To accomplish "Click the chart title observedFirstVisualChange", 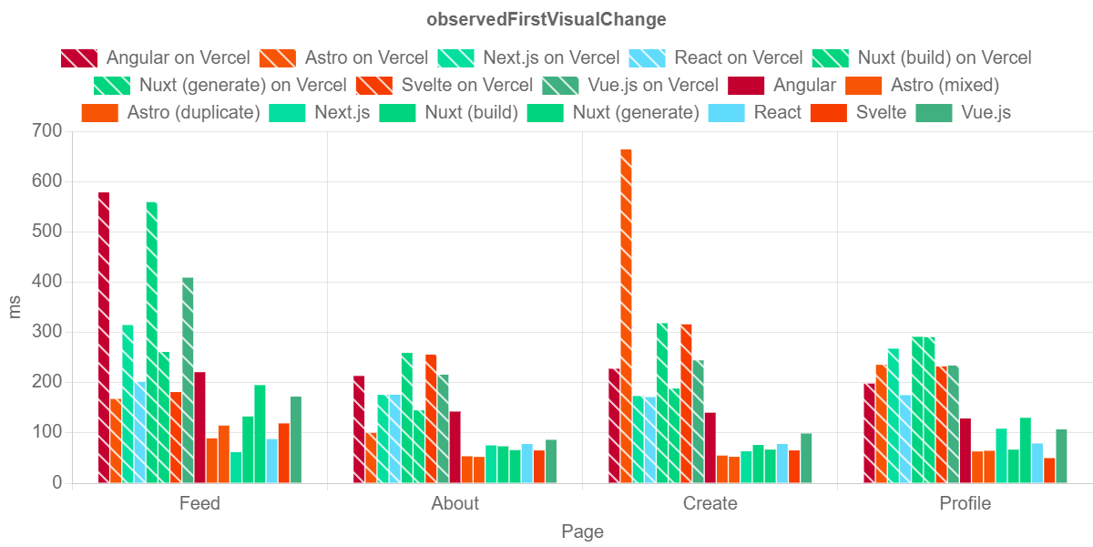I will coord(546,19).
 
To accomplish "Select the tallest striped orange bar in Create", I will coord(626,315).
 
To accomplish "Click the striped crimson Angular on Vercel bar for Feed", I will coord(104,337).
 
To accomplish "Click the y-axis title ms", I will coord(15,306).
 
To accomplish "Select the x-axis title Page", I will coord(582,532).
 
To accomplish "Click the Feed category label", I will coord(199,503).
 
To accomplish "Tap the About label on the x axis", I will coord(455,503).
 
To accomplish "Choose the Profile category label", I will coord(965,503).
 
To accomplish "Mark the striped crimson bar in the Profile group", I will coord(869,432).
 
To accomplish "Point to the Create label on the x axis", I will coord(710,503).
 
